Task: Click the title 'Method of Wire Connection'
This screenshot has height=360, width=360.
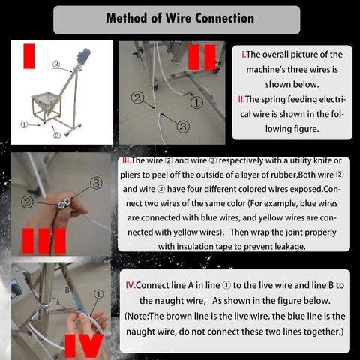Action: point(180,18)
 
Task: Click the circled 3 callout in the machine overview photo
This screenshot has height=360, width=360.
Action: point(56,64)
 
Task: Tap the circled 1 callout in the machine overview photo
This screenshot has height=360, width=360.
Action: point(24,124)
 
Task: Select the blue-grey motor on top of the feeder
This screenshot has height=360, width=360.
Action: point(82,56)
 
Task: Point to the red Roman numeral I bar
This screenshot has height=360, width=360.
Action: point(29,56)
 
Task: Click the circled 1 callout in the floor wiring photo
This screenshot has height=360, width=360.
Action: point(196,103)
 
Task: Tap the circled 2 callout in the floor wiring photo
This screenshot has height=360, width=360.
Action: point(138,97)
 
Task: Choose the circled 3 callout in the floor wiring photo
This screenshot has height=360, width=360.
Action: point(183,127)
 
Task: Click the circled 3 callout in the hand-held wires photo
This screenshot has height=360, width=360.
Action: point(96,183)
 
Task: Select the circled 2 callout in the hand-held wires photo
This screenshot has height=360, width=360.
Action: point(27,202)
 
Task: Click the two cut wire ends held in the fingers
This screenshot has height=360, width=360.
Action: point(64,203)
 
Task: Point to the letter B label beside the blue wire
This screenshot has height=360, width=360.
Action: point(67,290)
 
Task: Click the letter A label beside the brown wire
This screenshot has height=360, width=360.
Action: point(58,303)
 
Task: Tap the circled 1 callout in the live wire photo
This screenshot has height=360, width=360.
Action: point(98,294)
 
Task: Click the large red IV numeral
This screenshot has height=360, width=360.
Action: point(84,346)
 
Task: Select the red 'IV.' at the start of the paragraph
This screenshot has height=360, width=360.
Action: point(130,285)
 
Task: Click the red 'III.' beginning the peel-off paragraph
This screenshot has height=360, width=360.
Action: point(127,160)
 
